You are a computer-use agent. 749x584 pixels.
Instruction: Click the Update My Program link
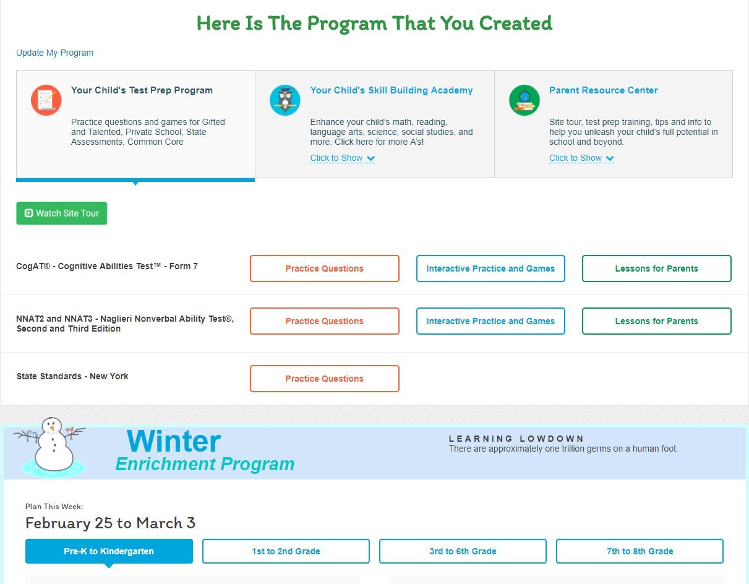click(54, 53)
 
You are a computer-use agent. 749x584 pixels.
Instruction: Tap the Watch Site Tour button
click(62, 213)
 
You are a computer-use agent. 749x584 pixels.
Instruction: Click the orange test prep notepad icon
click(46, 100)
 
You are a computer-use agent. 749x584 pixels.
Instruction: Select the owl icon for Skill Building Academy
click(285, 100)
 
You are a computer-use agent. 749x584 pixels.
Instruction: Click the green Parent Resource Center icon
click(524, 100)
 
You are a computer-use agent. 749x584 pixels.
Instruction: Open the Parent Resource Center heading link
click(603, 90)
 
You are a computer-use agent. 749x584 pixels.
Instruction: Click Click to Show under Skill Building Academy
click(342, 158)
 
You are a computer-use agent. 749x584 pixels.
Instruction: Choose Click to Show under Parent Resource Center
click(581, 158)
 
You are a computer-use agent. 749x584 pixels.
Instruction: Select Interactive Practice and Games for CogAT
click(490, 268)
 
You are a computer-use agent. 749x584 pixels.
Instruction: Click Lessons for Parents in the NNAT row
click(657, 321)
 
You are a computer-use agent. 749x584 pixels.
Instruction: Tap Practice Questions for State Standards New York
click(324, 379)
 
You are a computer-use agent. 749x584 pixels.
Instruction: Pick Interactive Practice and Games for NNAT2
click(490, 321)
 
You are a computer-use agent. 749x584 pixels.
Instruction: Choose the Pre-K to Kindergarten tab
click(109, 551)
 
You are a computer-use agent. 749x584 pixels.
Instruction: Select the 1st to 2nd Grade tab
click(286, 551)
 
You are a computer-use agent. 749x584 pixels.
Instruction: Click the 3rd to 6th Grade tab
click(463, 551)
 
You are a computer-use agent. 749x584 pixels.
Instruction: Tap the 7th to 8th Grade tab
click(640, 551)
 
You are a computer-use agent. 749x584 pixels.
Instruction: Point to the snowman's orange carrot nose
click(52, 428)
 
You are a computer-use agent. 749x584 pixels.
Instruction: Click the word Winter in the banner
click(174, 441)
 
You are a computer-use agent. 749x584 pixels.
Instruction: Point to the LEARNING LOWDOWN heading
click(516, 439)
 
